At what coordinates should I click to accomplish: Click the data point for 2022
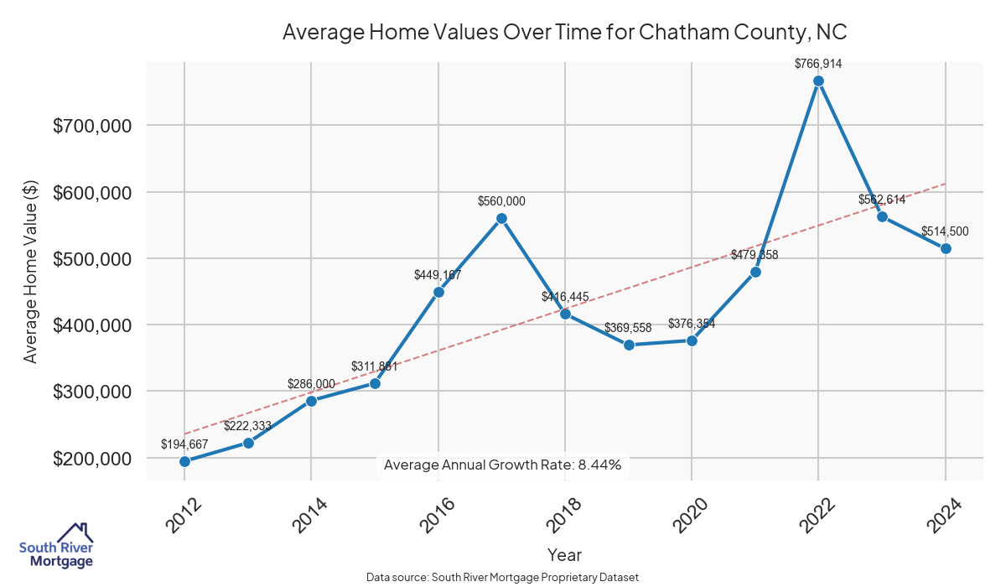coord(818,81)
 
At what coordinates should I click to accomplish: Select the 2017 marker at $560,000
coord(501,218)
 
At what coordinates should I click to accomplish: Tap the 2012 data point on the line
coord(184,461)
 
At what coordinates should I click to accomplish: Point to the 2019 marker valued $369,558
coord(628,345)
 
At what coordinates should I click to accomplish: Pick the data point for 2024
coord(946,248)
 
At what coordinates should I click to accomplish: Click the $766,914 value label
coord(818,64)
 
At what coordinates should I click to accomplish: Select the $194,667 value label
coord(184,444)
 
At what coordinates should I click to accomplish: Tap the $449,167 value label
coord(438,274)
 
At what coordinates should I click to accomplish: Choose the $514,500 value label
coord(945,231)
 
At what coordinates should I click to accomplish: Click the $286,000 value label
coord(311,384)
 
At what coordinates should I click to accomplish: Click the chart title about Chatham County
coord(565,32)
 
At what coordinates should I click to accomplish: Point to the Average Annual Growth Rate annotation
coord(502,465)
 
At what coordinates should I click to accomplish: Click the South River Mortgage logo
coord(56,546)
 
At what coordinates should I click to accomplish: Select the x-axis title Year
coord(564,554)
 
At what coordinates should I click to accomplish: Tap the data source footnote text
coord(503,578)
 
